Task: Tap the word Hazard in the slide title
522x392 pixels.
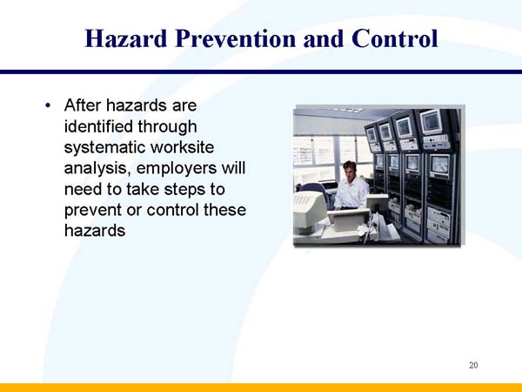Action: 129,39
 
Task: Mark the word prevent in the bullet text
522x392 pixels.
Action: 94,211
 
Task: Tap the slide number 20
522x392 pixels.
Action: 473,364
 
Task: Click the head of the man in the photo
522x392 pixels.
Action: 350,168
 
